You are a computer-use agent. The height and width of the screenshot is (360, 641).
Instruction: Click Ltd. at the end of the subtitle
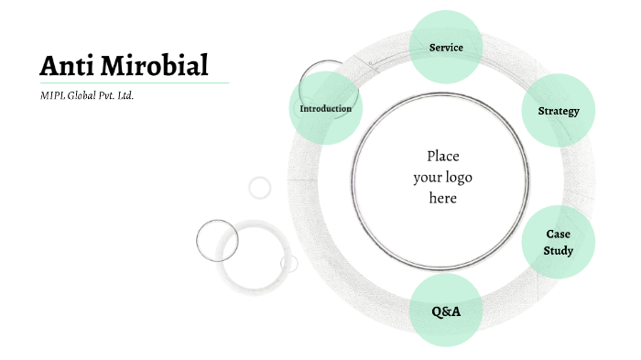click(x=125, y=94)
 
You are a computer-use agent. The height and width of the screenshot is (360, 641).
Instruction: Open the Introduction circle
click(x=325, y=109)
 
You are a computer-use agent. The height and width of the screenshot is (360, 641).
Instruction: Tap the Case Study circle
click(x=559, y=243)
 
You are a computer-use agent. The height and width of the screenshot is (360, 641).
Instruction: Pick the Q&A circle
click(x=446, y=311)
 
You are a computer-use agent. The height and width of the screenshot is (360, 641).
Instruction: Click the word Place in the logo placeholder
click(x=442, y=157)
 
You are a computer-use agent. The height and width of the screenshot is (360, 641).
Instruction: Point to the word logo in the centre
click(x=457, y=177)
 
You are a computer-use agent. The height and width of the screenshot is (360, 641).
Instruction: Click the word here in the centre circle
click(x=442, y=198)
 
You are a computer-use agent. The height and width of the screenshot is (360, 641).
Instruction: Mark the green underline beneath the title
click(x=134, y=82)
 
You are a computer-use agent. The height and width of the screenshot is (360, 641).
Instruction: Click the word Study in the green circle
click(x=559, y=250)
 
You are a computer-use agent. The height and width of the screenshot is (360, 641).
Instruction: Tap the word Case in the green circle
click(x=559, y=235)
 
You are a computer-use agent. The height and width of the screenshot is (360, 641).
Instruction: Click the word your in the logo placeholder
click(x=427, y=177)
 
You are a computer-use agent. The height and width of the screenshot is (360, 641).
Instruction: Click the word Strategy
click(x=559, y=112)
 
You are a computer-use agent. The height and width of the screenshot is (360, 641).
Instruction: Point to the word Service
click(x=446, y=47)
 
